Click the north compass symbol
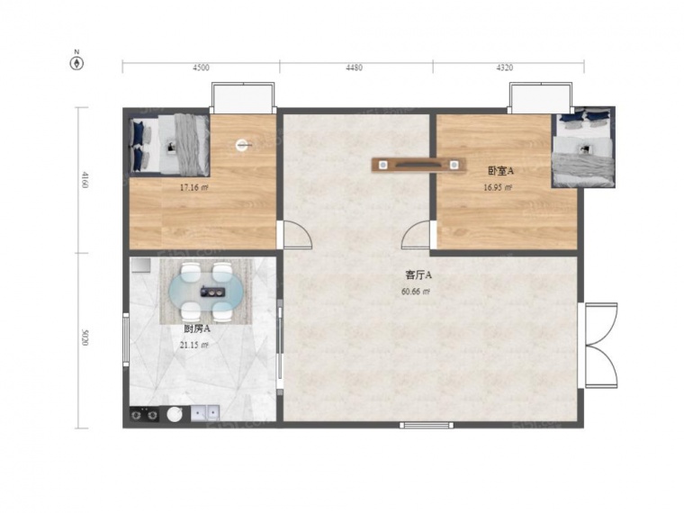click(x=76, y=64)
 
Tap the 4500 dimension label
click(x=201, y=67)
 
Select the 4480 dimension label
click(x=355, y=67)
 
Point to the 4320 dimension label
click(x=505, y=67)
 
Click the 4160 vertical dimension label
click(x=85, y=180)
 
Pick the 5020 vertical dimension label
click(x=85, y=337)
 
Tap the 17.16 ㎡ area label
click(x=193, y=188)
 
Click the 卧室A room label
click(x=500, y=171)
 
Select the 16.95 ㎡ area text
click(x=498, y=187)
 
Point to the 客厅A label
click(x=418, y=275)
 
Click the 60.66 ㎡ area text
click(x=416, y=292)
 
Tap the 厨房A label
click(x=197, y=328)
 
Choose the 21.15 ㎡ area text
click(x=194, y=345)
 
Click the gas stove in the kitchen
click(x=144, y=414)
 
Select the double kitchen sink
click(x=205, y=413)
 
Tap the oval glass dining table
click(x=206, y=291)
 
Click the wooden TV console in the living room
click(x=418, y=165)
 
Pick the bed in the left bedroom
click(x=170, y=145)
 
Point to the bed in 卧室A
click(x=584, y=148)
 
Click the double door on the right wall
click(x=601, y=345)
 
